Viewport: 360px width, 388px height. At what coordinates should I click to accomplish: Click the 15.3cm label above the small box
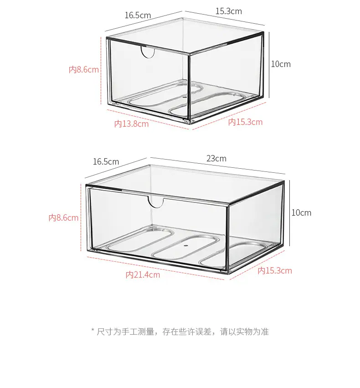pyautogui.click(x=229, y=11)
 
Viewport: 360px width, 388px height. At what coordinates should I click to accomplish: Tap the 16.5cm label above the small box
pyautogui.click(x=138, y=16)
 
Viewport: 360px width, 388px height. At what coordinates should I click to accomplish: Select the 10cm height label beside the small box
pyautogui.click(x=281, y=64)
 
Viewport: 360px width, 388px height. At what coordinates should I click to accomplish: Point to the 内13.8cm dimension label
pyautogui.click(x=131, y=124)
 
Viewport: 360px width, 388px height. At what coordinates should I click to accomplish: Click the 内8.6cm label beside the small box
pyautogui.click(x=84, y=70)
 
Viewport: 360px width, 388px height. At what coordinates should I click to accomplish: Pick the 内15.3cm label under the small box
pyautogui.click(x=245, y=122)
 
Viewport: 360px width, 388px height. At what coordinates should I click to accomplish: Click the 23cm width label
pyautogui.click(x=216, y=159)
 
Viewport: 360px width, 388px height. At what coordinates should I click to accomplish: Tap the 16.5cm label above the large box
pyautogui.click(x=106, y=162)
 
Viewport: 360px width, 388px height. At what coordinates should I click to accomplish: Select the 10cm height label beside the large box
pyautogui.click(x=301, y=213)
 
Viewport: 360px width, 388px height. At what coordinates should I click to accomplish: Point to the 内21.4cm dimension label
pyautogui.click(x=143, y=274)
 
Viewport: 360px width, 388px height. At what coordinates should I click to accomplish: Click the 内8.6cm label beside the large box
pyautogui.click(x=63, y=218)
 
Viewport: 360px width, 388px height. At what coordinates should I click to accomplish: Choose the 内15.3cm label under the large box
pyautogui.click(x=275, y=271)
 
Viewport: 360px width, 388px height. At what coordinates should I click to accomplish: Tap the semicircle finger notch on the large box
pyautogui.click(x=156, y=205)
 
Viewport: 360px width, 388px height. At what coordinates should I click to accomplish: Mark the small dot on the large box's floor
pyautogui.click(x=186, y=246)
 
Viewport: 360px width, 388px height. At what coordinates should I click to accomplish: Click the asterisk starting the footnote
pyautogui.click(x=93, y=330)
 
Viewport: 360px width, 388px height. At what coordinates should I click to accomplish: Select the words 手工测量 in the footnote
pyautogui.click(x=138, y=331)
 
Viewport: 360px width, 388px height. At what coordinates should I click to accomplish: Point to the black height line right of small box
pyautogui.click(x=269, y=65)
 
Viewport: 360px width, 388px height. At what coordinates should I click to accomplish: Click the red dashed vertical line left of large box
pyautogui.click(x=81, y=217)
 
